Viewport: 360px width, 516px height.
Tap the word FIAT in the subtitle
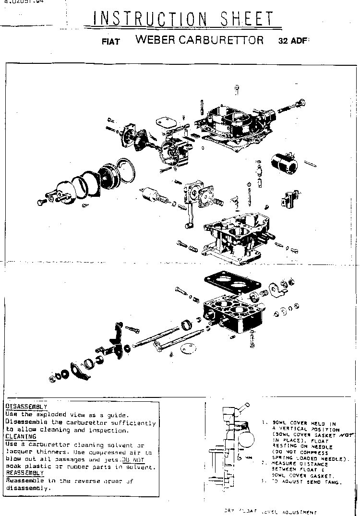tap(110, 41)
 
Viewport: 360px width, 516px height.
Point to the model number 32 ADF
tap(291, 41)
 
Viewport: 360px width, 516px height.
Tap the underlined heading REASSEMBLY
tap(24, 473)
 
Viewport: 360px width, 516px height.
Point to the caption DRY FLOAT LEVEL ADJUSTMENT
tap(269, 512)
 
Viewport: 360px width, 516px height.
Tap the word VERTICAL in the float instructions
tap(288, 429)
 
